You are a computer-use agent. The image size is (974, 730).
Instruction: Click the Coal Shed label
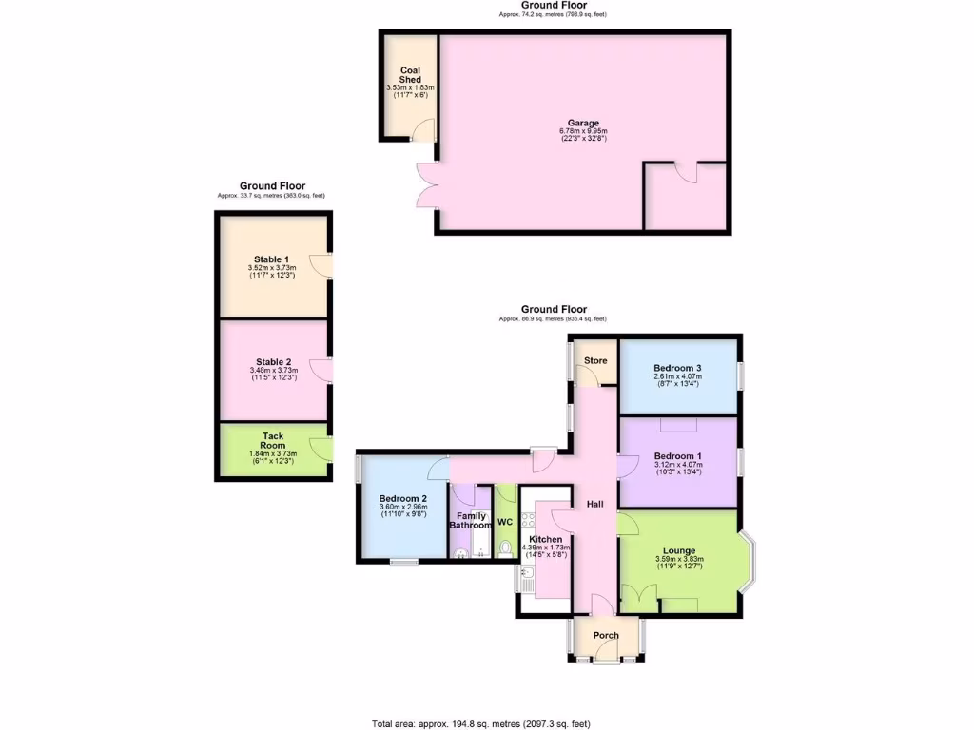pos(410,75)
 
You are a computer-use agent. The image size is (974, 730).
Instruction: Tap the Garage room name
pos(583,124)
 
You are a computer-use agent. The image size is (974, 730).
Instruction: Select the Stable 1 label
pos(271,259)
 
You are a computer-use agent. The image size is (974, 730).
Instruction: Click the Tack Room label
pos(273,440)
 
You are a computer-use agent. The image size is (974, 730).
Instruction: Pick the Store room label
pos(595,360)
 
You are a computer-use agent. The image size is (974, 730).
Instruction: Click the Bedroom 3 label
pos(677,368)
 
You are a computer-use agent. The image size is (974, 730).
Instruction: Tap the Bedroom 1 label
pos(677,455)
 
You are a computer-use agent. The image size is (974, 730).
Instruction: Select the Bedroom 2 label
pos(402,498)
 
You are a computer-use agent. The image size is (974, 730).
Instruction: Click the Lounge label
pos(679,550)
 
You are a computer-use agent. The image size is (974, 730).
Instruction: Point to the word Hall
pos(594,504)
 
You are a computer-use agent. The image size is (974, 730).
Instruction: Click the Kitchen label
pos(545,539)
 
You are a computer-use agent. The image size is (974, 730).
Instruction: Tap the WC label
pos(505,522)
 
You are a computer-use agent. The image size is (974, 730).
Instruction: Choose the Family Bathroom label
pos(470,521)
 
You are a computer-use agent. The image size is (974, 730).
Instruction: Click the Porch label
pos(606,635)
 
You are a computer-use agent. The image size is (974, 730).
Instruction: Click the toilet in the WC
pos(505,547)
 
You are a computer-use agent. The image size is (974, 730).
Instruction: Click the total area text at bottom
pos(486,723)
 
